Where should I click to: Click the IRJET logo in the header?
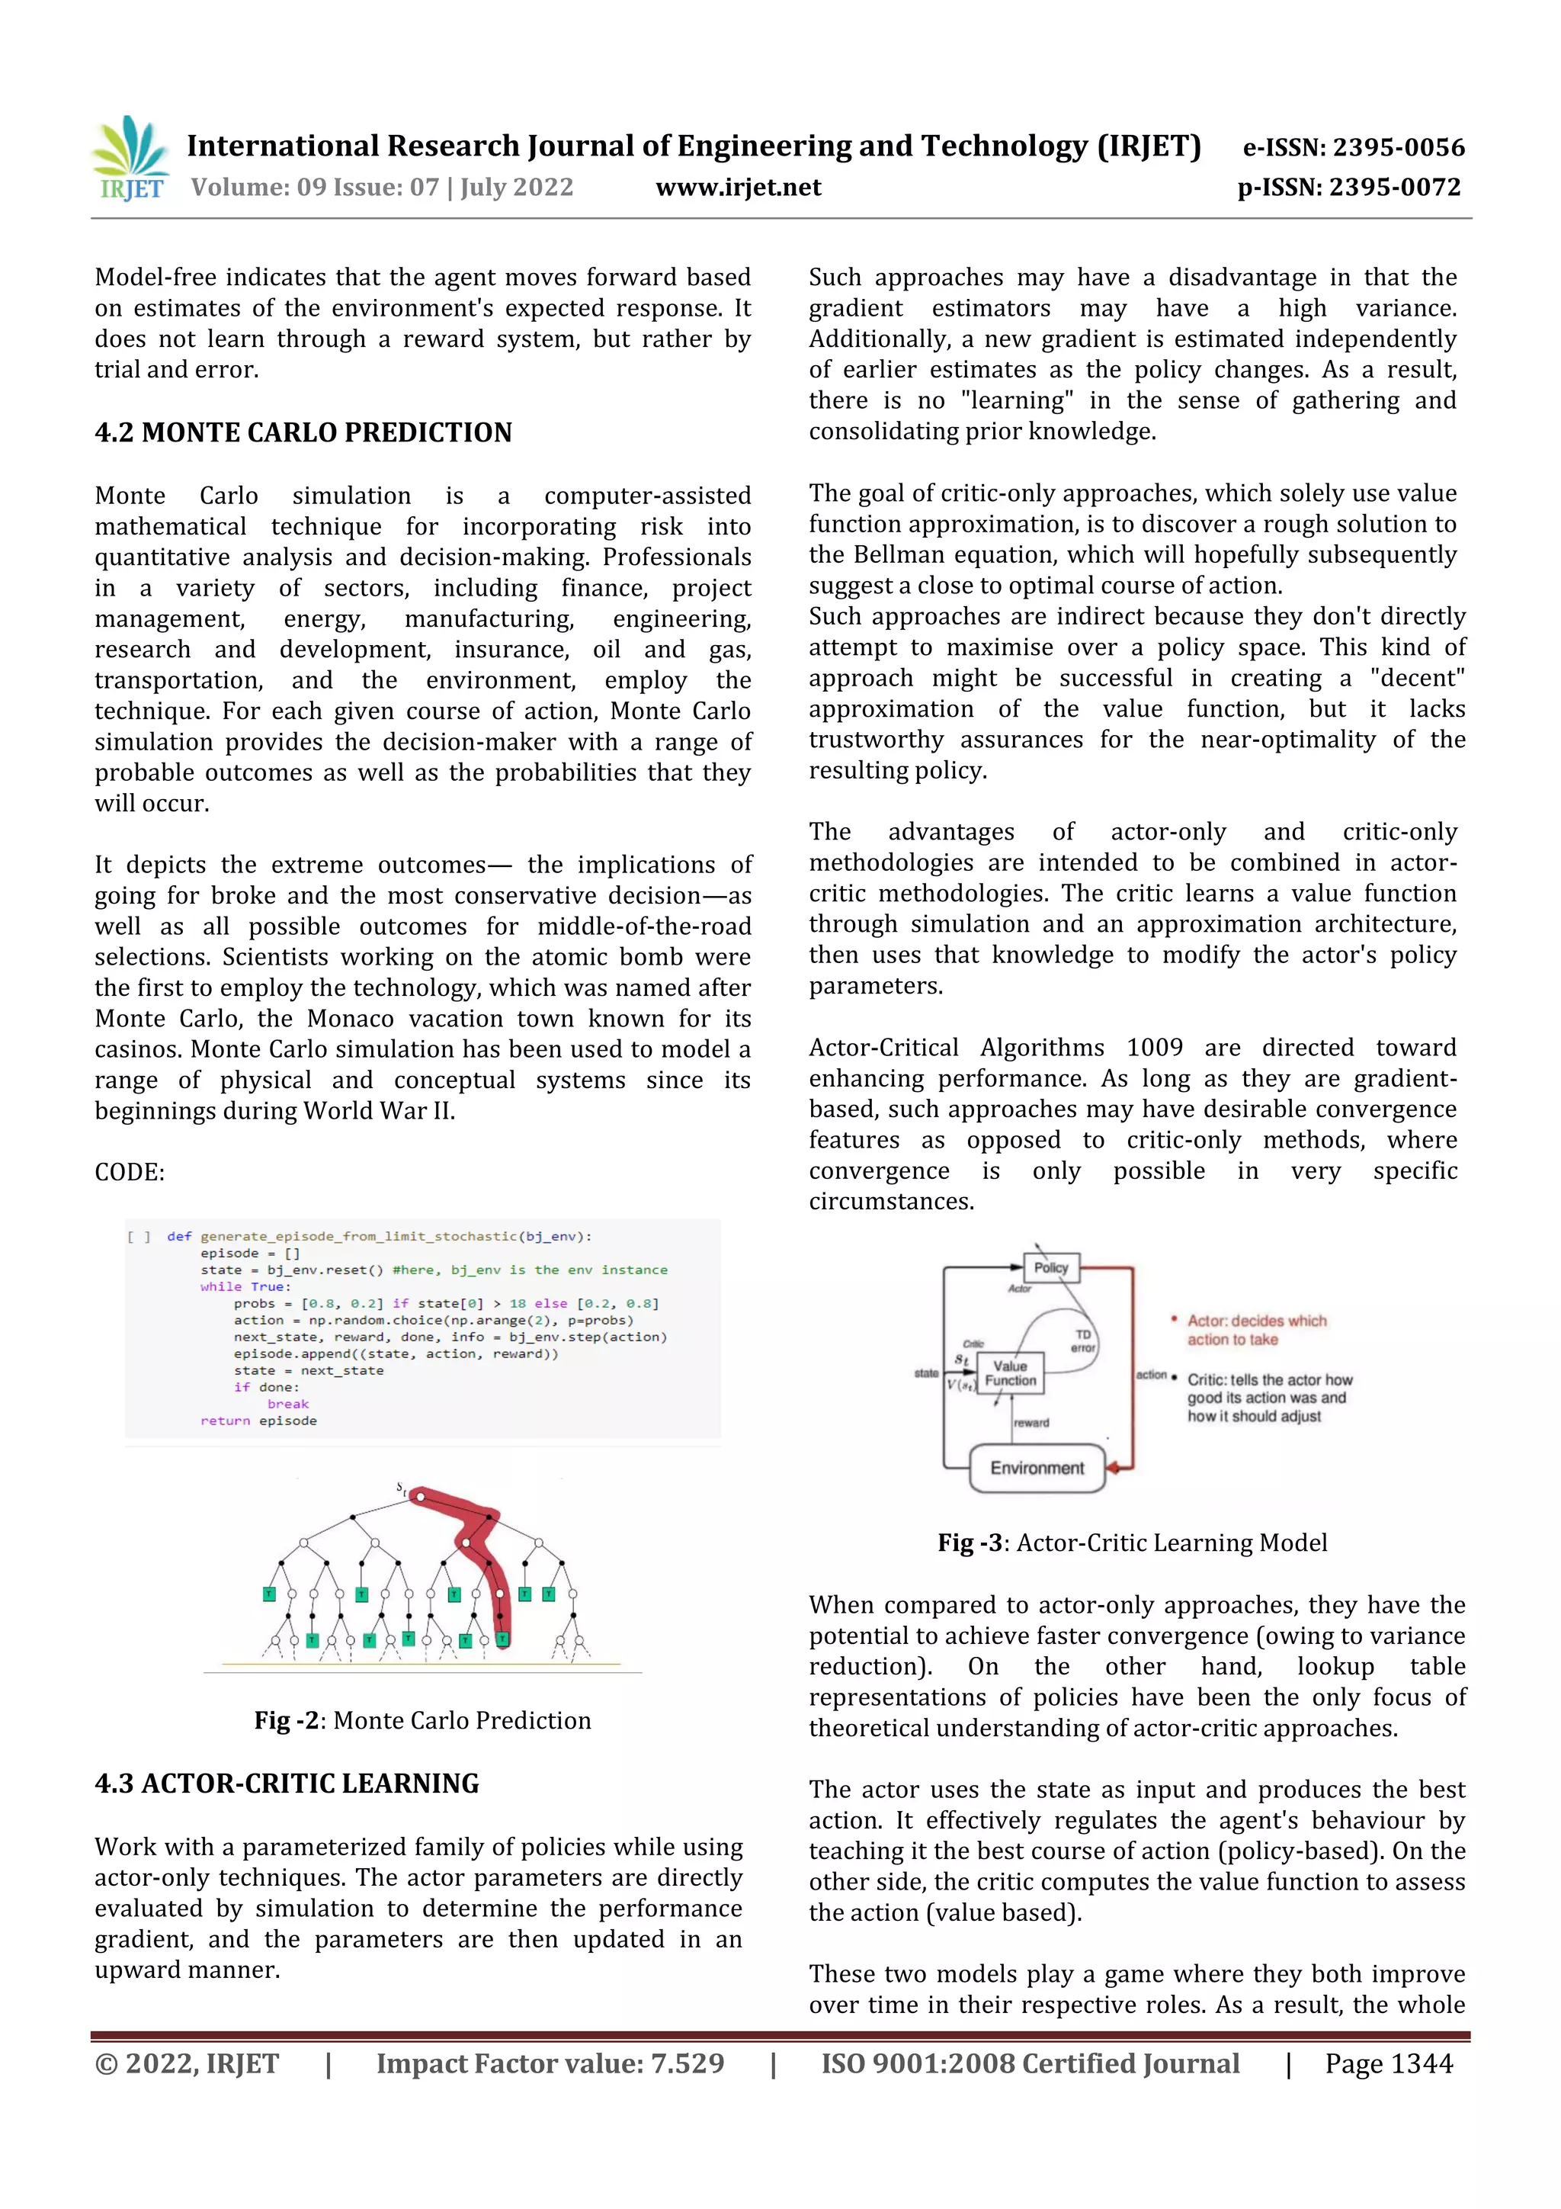131,159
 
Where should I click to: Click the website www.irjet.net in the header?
738,188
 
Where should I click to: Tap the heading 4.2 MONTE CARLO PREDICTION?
303,433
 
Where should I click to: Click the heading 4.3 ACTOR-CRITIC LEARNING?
287,1784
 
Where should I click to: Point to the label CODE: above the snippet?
130,1172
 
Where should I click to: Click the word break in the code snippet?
287,1404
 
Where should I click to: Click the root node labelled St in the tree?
419,1497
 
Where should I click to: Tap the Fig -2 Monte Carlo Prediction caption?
422,1720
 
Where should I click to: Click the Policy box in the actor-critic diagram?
1050,1268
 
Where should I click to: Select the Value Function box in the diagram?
1010,1373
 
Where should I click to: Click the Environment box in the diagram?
1037,1468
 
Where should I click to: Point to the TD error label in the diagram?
1083,1340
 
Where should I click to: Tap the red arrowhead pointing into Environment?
1114,1468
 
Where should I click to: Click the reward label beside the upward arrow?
1031,1423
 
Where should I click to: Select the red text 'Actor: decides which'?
1256,1321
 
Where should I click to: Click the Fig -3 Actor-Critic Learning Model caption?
1132,1543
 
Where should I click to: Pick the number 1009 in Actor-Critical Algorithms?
1154,1048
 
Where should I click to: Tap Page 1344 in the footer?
1388,2063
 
